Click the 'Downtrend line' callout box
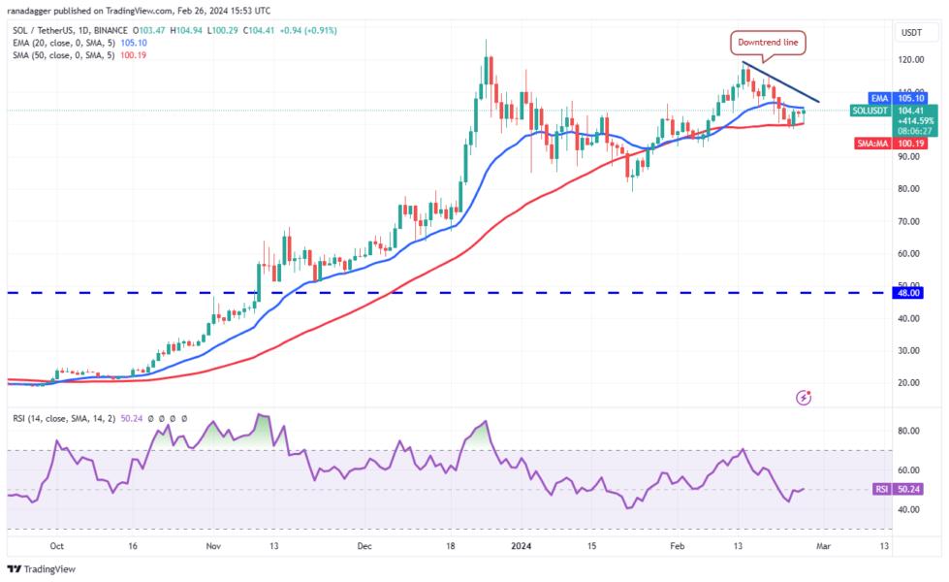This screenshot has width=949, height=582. click(x=768, y=42)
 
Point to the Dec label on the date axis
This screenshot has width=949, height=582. click(x=364, y=546)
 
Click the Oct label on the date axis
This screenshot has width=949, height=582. click(x=57, y=546)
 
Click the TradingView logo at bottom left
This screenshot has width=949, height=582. click(x=41, y=569)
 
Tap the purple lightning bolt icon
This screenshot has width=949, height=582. click(x=804, y=397)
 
